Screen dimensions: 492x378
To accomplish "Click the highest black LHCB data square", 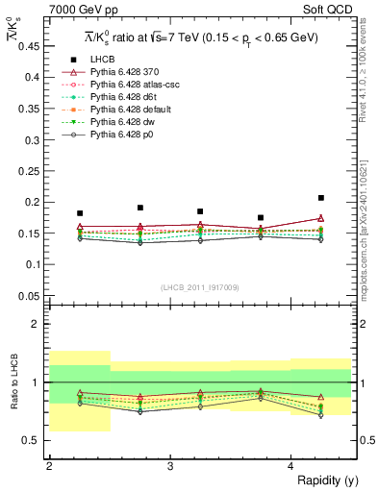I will tap(321, 198).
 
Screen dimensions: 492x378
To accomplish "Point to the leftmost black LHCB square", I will tap(80, 213).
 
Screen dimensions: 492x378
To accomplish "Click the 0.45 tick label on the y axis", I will tap(31, 45).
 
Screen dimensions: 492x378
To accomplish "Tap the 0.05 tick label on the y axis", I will tap(31, 295).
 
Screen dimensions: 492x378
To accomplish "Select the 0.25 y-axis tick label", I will tap(31, 170).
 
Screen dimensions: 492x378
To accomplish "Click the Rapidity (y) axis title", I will tap(323, 480).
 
